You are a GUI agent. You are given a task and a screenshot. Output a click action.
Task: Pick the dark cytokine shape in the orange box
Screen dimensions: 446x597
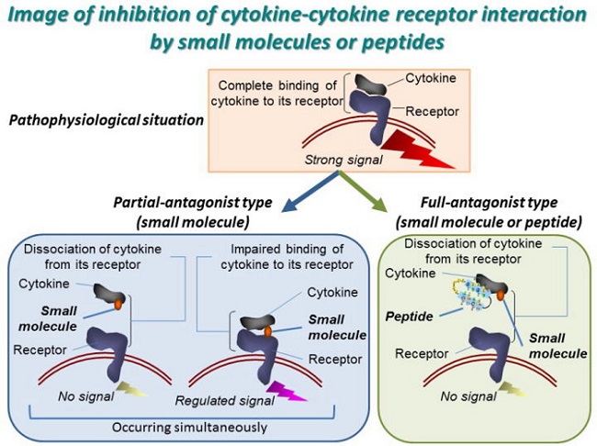tap(378, 90)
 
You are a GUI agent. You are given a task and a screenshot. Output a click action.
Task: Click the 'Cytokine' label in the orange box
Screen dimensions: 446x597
tap(431, 77)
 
